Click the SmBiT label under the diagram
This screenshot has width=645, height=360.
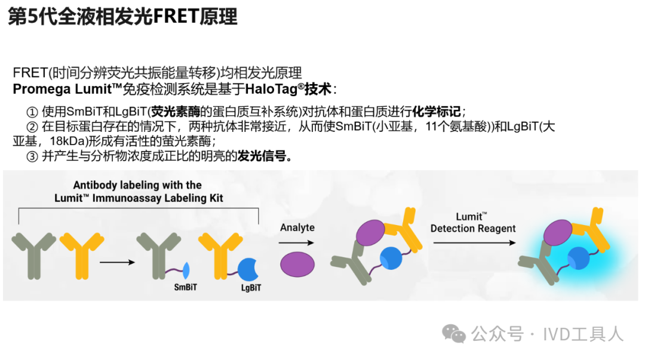pyautogui.click(x=186, y=287)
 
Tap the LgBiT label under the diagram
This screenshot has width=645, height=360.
pyautogui.click(x=251, y=288)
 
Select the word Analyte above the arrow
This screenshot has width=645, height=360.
pyautogui.click(x=297, y=227)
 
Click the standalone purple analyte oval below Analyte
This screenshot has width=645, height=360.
pyautogui.click(x=297, y=264)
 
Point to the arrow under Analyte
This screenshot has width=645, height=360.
pyautogui.click(x=296, y=243)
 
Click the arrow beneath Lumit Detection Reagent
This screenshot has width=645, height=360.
pyautogui.click(x=474, y=243)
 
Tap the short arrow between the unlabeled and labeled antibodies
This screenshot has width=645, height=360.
pyautogui.click(x=117, y=262)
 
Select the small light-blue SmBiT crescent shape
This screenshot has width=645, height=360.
pyautogui.click(x=186, y=270)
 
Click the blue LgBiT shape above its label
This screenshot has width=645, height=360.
pyautogui.click(x=248, y=270)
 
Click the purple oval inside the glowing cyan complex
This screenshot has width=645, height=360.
pyautogui.click(x=558, y=232)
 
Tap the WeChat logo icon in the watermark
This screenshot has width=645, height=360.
pyautogui.click(x=454, y=333)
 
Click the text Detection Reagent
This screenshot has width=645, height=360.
pyautogui.click(x=473, y=228)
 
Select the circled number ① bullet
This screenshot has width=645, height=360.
pyautogui.click(x=32, y=112)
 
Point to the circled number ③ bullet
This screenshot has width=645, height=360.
pyautogui.click(x=32, y=156)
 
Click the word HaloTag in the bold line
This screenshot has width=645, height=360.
pyautogui.click(x=271, y=89)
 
